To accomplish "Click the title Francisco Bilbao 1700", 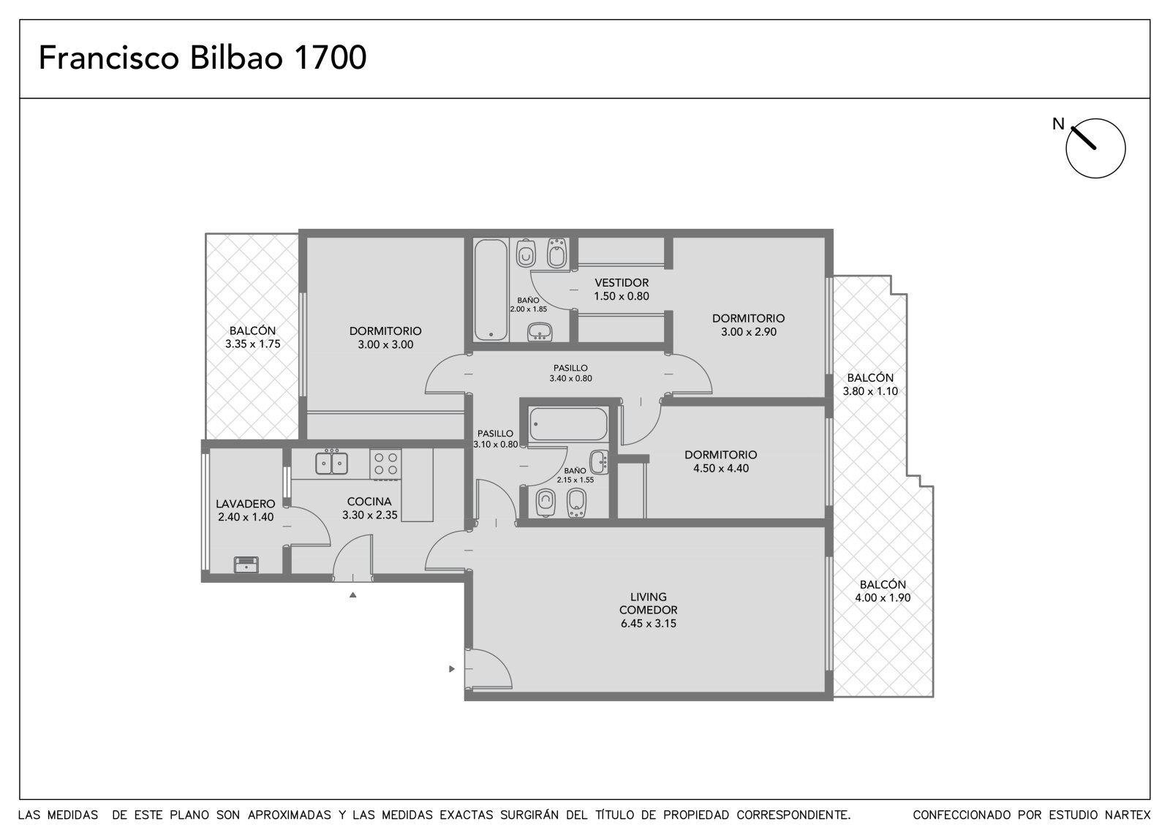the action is [x=203, y=58].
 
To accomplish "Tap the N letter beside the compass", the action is [x=1058, y=124].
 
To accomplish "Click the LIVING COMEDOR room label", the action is [x=648, y=603].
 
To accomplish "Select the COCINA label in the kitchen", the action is [x=369, y=502].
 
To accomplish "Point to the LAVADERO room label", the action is [x=246, y=504].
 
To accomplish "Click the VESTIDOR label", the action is [x=622, y=283].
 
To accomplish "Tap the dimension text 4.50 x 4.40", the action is [x=721, y=468].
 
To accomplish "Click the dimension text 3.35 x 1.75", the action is [x=253, y=344].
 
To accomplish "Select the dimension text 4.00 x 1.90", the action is [x=883, y=597].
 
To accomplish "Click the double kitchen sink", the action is [x=332, y=464].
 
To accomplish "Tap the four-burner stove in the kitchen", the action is [x=385, y=464].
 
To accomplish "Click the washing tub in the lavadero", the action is [x=246, y=564].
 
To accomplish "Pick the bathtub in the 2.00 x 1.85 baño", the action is [x=491, y=290].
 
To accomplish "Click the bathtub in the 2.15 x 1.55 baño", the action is [x=568, y=424].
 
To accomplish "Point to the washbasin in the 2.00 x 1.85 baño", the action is [x=540, y=332].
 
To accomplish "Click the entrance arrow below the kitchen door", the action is [x=353, y=594].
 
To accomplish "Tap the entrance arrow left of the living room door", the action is [x=452, y=669].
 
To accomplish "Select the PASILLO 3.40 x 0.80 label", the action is [x=571, y=373].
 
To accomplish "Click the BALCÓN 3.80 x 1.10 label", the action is [x=870, y=384].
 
